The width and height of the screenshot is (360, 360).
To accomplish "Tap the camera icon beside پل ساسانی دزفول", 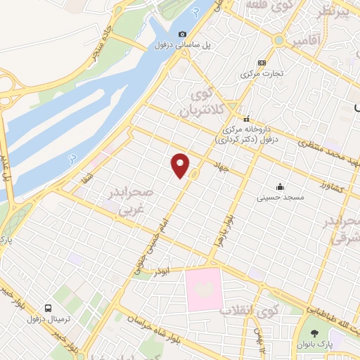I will (183, 34).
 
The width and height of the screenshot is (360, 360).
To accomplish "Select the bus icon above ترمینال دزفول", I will (49, 308).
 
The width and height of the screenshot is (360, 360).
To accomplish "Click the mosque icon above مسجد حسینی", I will (281, 186).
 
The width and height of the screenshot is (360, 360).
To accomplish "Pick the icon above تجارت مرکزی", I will (262, 62).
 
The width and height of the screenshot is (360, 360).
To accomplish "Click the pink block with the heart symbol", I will (204, 288).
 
